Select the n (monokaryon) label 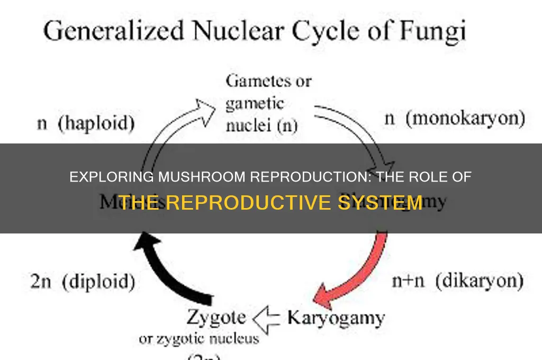[454, 119]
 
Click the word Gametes [268, 81]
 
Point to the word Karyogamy [336, 318]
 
